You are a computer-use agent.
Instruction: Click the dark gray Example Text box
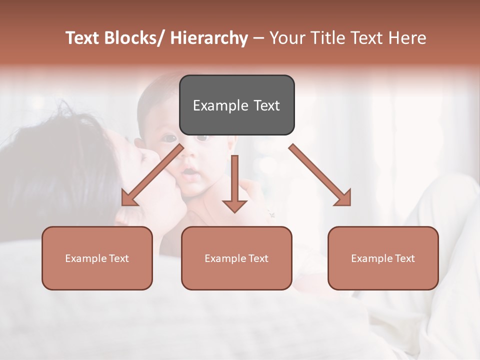[236, 105]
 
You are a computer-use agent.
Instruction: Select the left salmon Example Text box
[97, 258]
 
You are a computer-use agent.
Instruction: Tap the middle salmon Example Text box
[236, 258]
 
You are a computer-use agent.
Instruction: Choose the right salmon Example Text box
[383, 258]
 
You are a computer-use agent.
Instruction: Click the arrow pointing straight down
[234, 182]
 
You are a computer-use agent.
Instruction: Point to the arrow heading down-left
[152, 175]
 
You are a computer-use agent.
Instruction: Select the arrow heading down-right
[320, 175]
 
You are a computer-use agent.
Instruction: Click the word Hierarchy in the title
[209, 38]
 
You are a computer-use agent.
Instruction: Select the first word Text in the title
[83, 38]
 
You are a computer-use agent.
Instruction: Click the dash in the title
[258, 38]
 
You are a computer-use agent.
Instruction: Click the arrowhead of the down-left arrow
[129, 198]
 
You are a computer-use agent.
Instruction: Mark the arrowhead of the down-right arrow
[343, 198]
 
